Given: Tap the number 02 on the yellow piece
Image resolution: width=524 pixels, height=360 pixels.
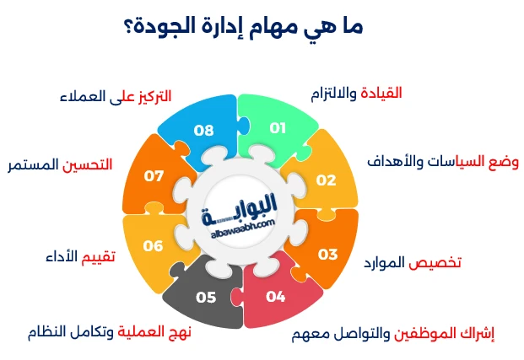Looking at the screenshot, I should (327, 180).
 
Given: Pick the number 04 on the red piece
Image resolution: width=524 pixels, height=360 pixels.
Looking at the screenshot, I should (276, 297).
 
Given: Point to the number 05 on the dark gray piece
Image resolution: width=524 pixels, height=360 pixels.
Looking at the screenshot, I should (206, 297).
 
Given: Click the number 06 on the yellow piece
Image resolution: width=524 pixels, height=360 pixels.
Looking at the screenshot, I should (153, 246).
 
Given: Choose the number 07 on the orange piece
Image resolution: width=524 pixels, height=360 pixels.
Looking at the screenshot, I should (154, 176).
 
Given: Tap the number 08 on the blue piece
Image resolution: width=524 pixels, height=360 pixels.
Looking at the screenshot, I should (203, 129).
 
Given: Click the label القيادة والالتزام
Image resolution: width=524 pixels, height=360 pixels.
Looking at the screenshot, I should (365, 93).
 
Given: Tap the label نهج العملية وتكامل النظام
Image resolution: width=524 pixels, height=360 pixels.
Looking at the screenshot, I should (122, 331).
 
